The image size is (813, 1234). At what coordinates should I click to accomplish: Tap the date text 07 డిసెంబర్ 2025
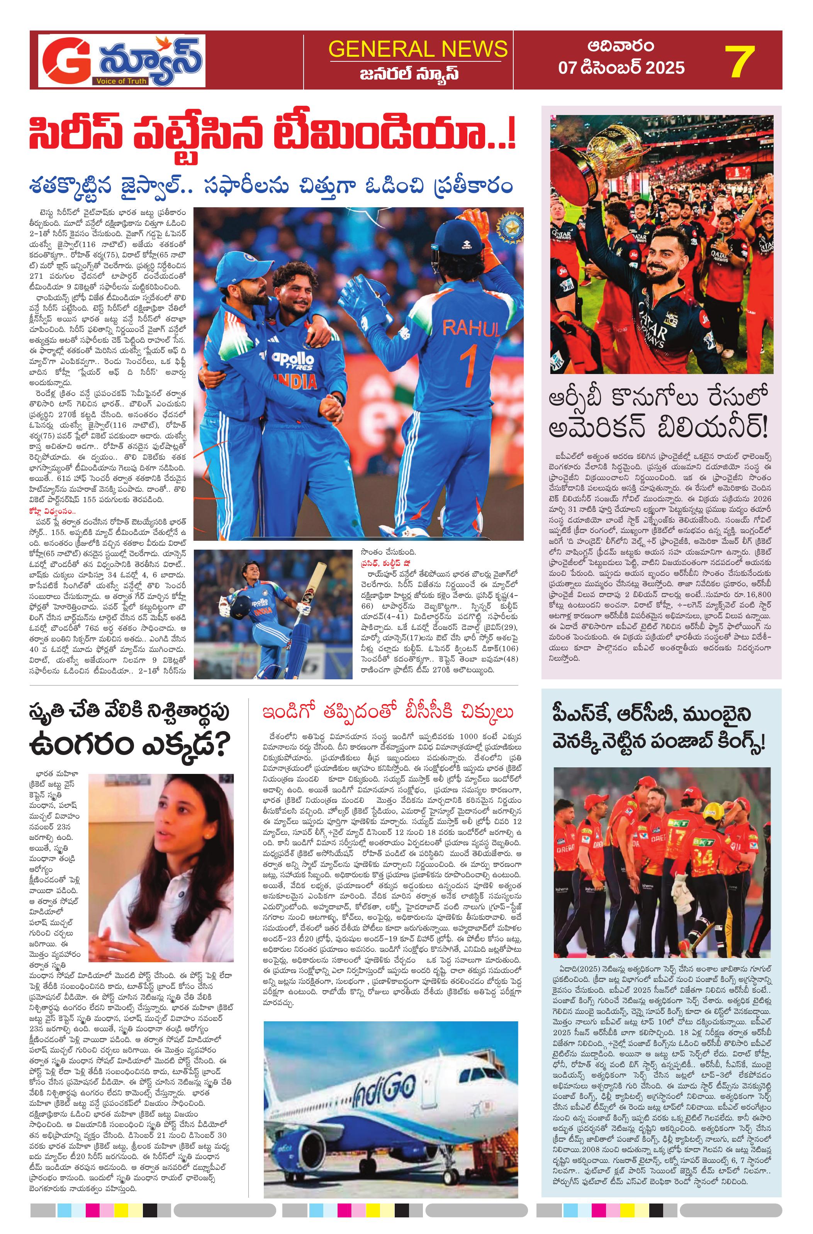pyautogui.click(x=621, y=68)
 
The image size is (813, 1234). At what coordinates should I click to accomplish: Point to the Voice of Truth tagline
pyautogui.click(x=121, y=81)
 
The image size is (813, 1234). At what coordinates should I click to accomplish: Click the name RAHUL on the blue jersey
pyautogui.click(x=471, y=328)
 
